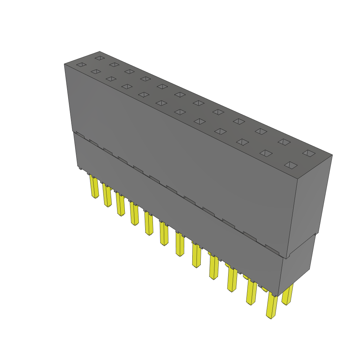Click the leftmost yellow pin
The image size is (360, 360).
[x=94, y=187]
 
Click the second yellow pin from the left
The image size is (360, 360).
[x=107, y=195]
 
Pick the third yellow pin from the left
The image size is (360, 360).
[x=120, y=205]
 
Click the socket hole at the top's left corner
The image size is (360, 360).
[x=81, y=65]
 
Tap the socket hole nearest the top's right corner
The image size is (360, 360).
[x=309, y=153]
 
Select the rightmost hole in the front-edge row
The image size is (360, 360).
[x=291, y=165]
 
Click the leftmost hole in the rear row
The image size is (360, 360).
[x=100, y=58]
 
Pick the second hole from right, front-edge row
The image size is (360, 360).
[x=266, y=153]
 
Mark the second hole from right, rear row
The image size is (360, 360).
[x=284, y=142]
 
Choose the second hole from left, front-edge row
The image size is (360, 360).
[x=96, y=71]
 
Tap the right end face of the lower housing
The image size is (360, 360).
[x=297, y=267]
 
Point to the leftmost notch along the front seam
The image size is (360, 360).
[x=80, y=134]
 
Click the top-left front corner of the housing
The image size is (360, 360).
[x=64, y=64]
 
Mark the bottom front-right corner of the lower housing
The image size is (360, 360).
[x=278, y=296]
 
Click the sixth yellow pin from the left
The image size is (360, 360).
[x=164, y=233]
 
